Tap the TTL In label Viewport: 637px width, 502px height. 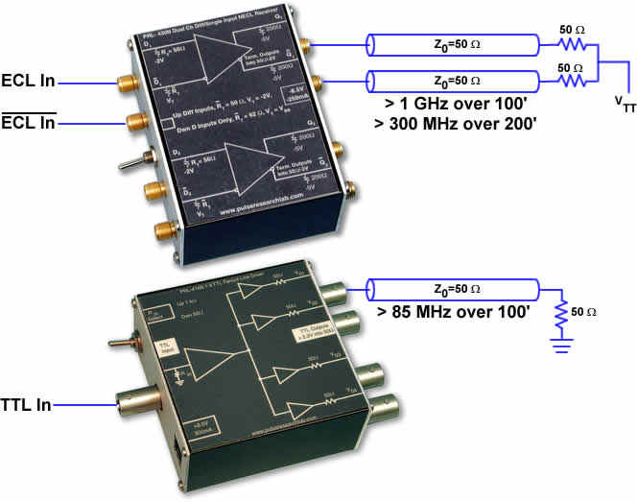pyautogui.click(x=27, y=406)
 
